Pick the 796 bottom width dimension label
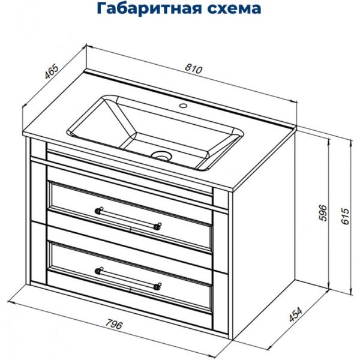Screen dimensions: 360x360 click(x=113, y=326)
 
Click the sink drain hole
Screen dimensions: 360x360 click(x=161, y=156)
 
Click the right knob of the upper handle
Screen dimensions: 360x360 click(x=158, y=226)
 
